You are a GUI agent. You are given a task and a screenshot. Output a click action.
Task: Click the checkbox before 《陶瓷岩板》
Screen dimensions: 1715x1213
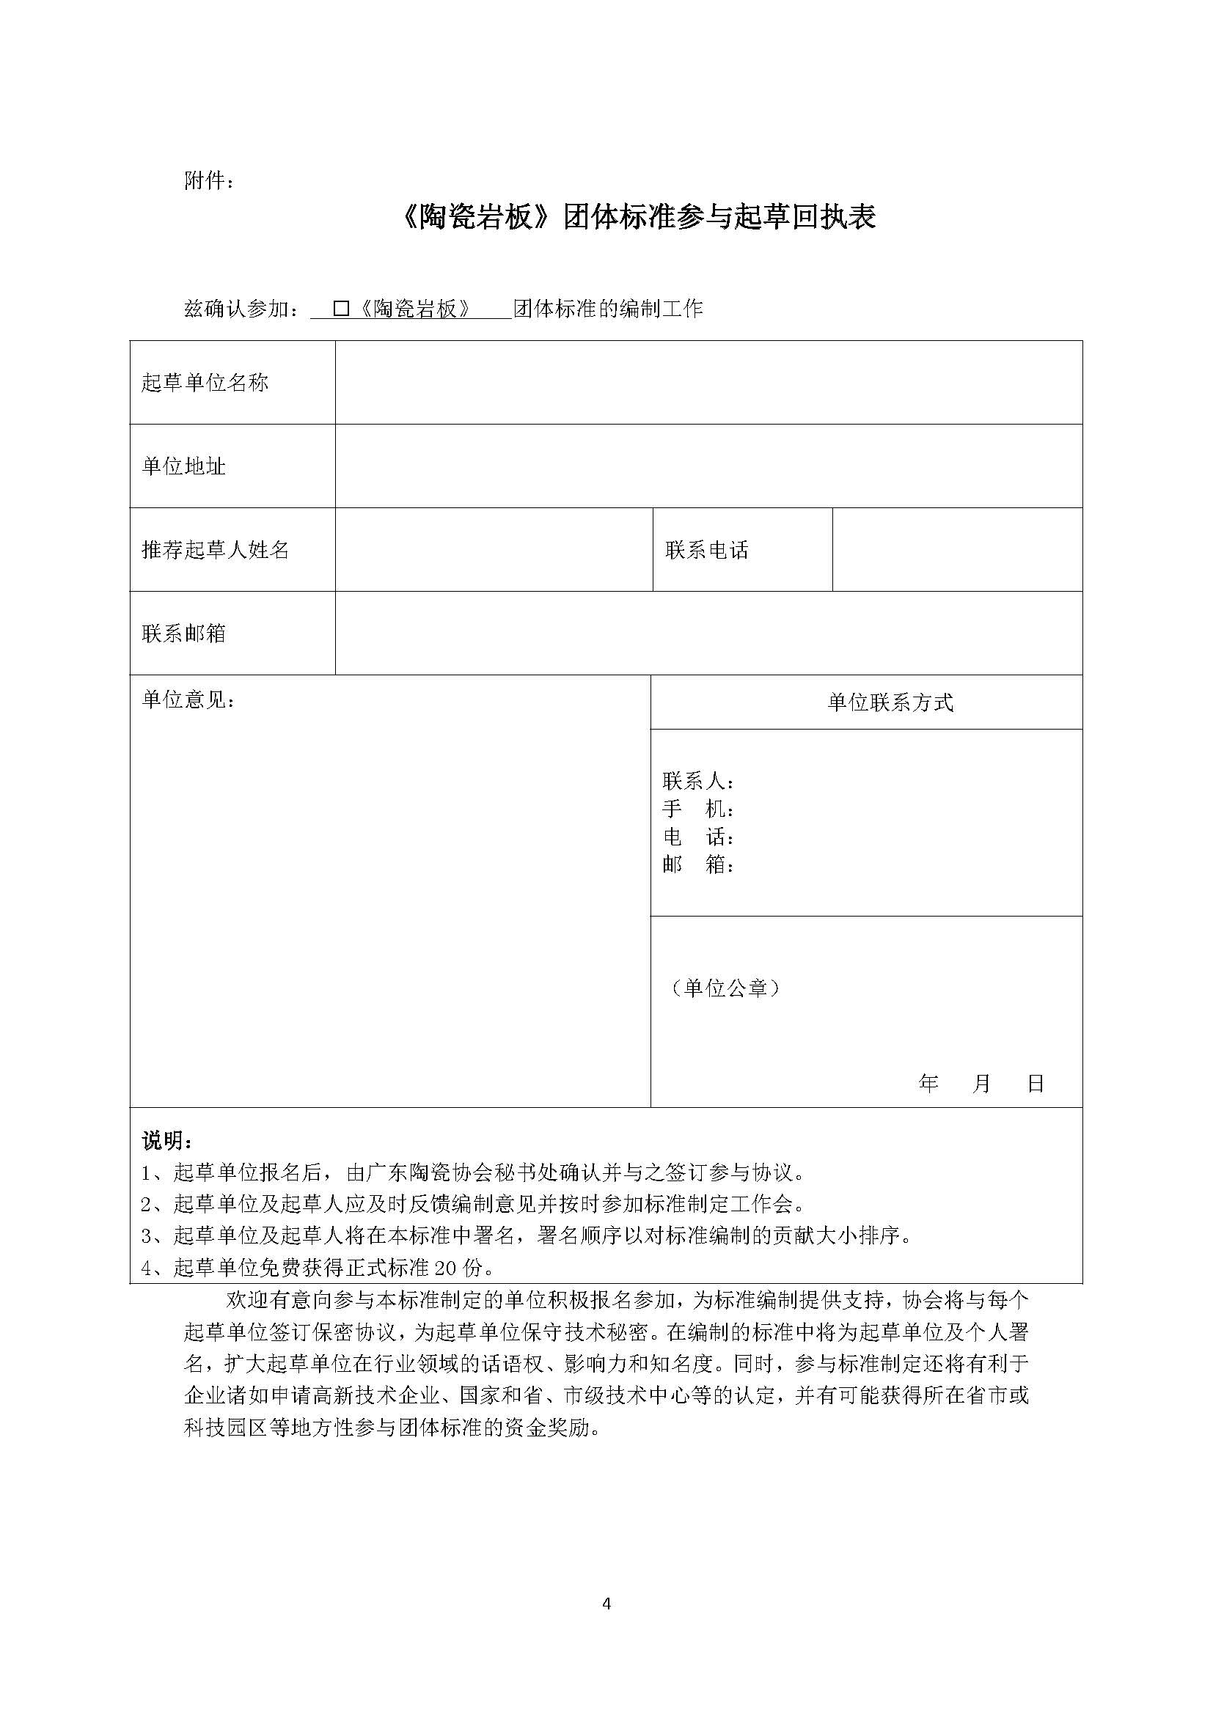pyautogui.click(x=341, y=309)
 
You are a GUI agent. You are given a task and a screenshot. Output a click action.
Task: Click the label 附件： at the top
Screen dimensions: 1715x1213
pyautogui.click(x=208, y=181)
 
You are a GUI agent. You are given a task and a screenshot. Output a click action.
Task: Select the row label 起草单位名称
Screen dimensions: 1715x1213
pyautogui.click(x=205, y=383)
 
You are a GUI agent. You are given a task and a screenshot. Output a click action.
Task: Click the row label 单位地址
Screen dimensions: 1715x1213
pyautogui.click(x=184, y=467)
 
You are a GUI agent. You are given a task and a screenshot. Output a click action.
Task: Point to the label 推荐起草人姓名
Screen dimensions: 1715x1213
pyautogui.click(x=215, y=551)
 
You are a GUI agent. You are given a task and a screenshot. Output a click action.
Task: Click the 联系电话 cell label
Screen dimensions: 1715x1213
pyautogui.click(x=706, y=551)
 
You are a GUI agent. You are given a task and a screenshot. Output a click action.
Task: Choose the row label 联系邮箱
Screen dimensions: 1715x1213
pyautogui.click(x=184, y=634)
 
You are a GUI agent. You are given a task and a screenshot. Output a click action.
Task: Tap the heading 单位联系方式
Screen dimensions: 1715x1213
pyautogui.click(x=890, y=703)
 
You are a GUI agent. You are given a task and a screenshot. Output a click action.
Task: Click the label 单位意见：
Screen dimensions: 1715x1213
pyautogui.click(x=188, y=700)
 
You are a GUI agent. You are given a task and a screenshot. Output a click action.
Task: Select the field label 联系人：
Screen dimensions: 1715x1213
pyautogui.click(x=698, y=782)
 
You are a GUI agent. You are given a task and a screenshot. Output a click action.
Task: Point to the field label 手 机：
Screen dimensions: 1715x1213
pyautogui.click(x=698, y=809)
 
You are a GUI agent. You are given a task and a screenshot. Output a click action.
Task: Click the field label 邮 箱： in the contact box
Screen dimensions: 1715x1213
pyautogui.click(x=698, y=865)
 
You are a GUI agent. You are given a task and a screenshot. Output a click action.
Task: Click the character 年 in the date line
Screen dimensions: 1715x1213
pyautogui.click(x=928, y=1083)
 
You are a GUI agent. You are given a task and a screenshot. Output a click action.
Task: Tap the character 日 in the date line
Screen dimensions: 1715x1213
pyautogui.click(x=1036, y=1083)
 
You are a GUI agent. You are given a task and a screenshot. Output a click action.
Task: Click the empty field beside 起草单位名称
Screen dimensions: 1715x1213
pyautogui.click(x=708, y=383)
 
